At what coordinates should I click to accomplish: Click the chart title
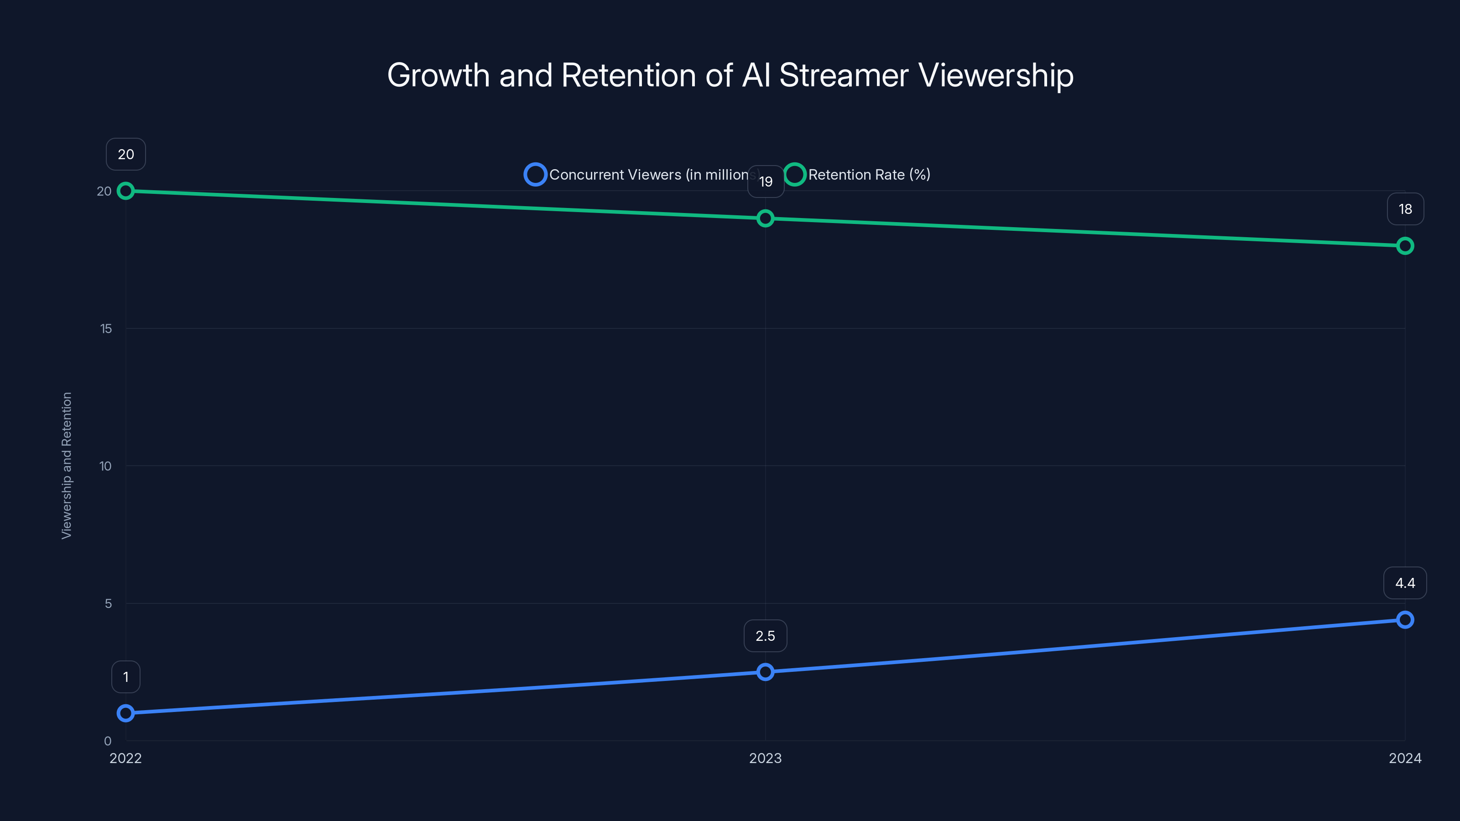(730, 75)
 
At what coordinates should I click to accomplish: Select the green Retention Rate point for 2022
(126, 191)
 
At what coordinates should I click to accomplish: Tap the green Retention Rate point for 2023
(765, 218)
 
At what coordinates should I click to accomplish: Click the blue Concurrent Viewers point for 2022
(126, 713)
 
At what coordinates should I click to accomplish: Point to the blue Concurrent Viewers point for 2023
(765, 672)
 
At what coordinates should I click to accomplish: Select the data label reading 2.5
(765, 636)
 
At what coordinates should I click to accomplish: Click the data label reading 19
(766, 182)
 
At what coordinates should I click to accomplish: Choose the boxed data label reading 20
(126, 154)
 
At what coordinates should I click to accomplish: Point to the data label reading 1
(126, 677)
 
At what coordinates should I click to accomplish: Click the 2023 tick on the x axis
(765, 758)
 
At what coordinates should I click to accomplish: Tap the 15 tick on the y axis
(106, 328)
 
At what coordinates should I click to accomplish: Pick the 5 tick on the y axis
(108, 603)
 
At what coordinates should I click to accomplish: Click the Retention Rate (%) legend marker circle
(795, 175)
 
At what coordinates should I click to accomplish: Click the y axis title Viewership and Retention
(67, 465)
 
